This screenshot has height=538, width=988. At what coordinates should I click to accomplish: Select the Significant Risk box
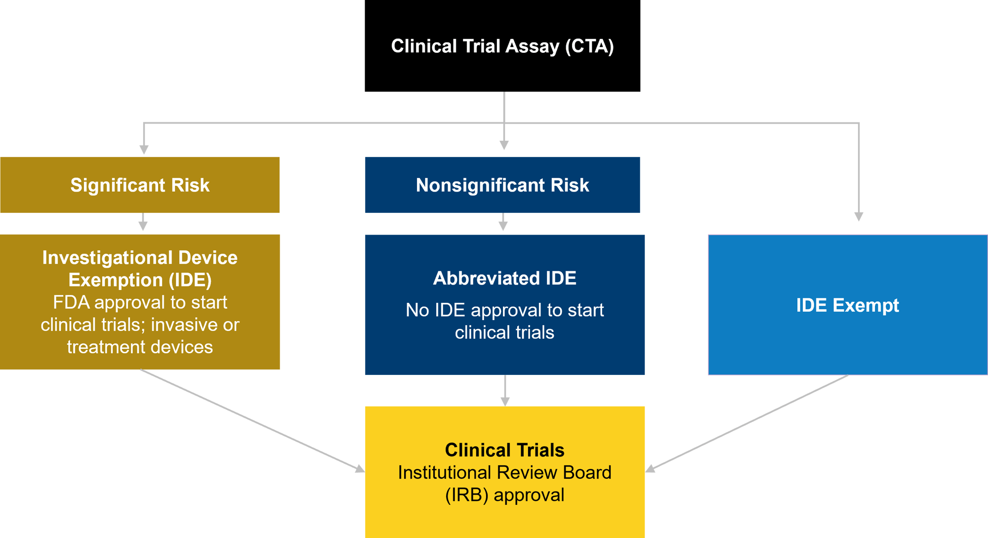pos(140,185)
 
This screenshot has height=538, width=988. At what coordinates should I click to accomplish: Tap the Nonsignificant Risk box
pos(502,185)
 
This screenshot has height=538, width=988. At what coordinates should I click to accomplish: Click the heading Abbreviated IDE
pos(504,278)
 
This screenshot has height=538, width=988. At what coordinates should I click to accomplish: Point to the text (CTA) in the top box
pos(589,46)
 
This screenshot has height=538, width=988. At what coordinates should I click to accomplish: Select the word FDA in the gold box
pos(71,302)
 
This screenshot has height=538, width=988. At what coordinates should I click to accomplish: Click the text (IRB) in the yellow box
pos(467,495)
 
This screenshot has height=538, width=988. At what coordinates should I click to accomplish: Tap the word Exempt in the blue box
pos(866,305)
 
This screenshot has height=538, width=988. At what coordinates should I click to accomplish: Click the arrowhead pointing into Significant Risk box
pos(144,149)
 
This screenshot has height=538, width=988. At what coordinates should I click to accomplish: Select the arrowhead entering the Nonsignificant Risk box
pos(504,145)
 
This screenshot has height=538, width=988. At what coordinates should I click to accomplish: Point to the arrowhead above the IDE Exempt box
pos(859,216)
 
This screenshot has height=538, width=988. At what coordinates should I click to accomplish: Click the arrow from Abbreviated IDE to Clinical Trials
pos(505,391)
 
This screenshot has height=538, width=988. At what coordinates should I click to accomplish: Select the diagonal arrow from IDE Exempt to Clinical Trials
pos(746,423)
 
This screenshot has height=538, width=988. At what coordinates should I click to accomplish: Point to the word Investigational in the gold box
pos(107,258)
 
